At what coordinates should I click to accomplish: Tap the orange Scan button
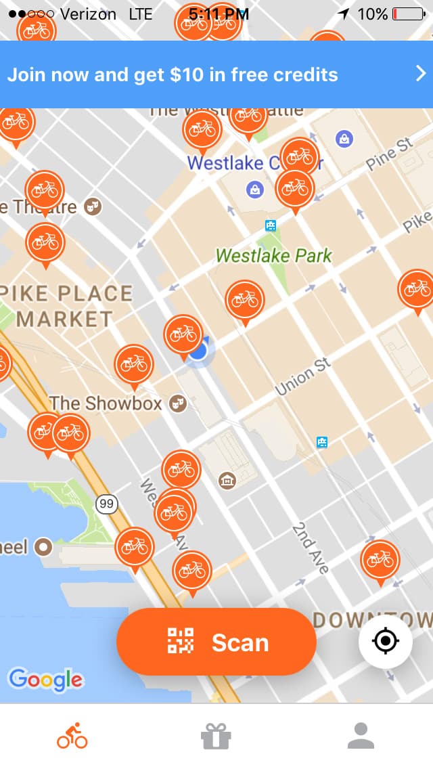216,642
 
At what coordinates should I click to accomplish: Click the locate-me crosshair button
386,640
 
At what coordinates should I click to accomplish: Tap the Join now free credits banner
203,74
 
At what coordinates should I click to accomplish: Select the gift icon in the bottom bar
216,736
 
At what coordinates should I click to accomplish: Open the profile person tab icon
361,736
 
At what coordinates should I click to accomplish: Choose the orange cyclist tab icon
72,736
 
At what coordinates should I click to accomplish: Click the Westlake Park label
274,256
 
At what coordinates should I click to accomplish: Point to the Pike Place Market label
66,306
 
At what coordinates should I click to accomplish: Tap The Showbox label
106,403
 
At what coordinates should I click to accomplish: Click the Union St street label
303,378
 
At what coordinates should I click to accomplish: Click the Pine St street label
390,154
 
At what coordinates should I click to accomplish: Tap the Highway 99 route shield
106,504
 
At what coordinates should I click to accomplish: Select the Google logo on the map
45,679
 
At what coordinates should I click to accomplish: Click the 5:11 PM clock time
219,14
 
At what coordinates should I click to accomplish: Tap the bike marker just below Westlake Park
245,300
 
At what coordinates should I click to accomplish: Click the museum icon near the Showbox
227,481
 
